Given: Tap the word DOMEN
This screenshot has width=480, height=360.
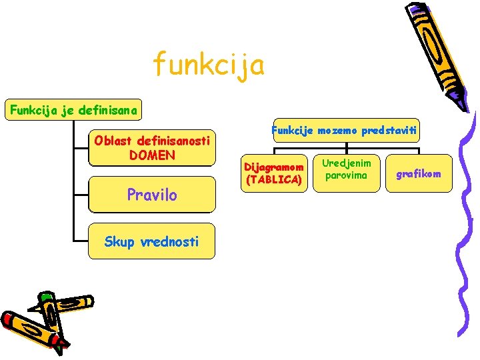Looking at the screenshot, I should tap(152, 155).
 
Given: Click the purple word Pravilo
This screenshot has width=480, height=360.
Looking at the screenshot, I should tap(152, 195).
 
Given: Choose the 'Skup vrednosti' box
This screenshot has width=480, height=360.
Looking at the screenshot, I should tap(152, 241).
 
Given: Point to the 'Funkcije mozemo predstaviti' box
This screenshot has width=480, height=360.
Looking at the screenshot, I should tap(345, 131).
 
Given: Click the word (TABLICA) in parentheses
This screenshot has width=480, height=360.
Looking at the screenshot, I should tap(274, 180).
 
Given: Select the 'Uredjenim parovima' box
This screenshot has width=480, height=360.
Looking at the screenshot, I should tap(346, 169).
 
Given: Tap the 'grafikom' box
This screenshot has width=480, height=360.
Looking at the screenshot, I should tap(419, 174).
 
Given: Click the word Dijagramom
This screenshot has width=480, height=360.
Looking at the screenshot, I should tap(274, 167).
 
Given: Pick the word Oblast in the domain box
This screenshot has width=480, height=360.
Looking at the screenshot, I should tap(113, 141).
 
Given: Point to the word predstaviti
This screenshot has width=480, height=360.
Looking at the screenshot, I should tap(391, 131).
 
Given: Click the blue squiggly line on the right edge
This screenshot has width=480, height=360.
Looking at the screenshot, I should tap(467, 220).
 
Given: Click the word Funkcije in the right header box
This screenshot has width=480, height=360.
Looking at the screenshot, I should tap(294, 131).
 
